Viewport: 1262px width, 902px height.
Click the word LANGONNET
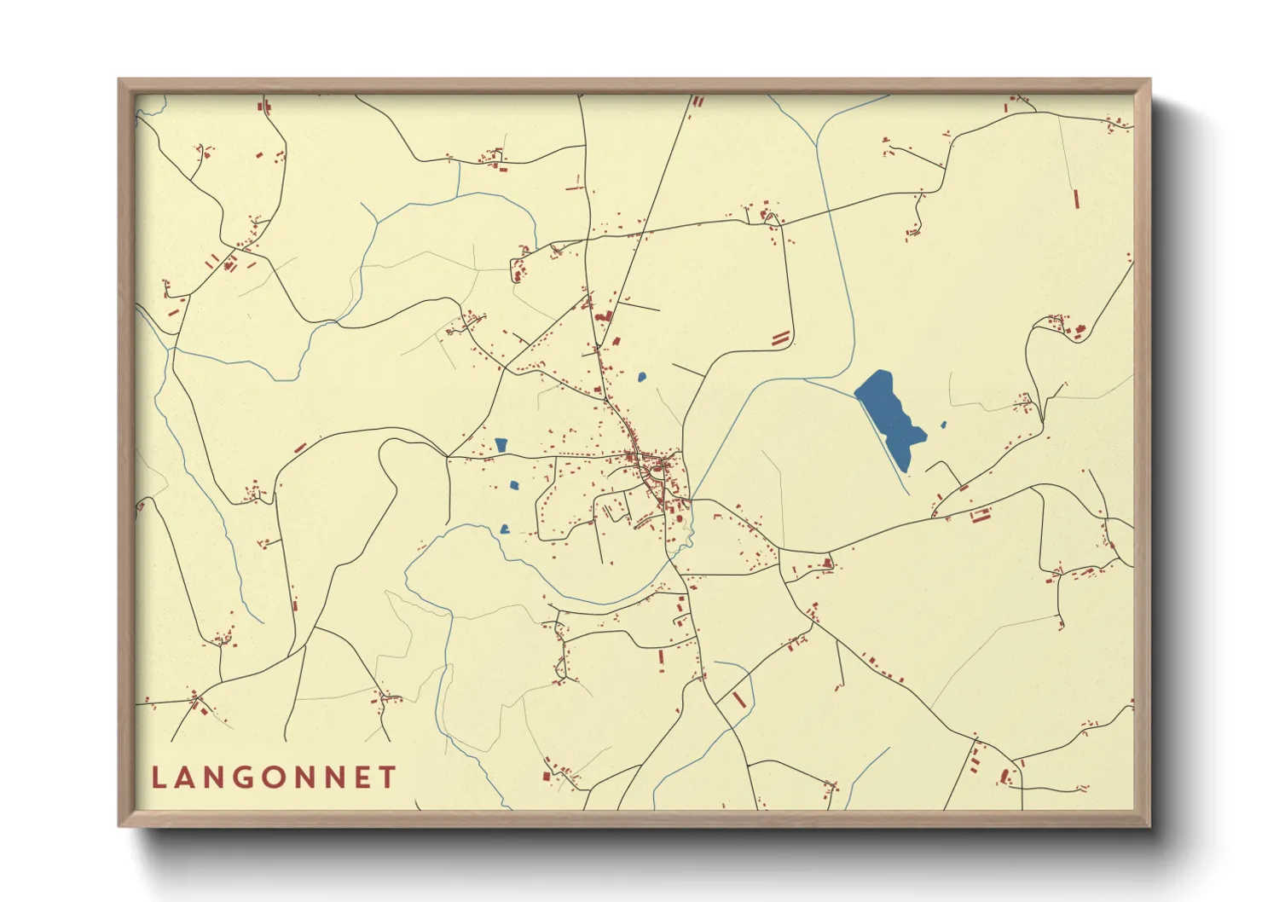coord(274,778)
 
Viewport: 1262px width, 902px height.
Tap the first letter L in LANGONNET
coord(158,778)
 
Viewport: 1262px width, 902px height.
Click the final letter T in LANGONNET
coord(389,778)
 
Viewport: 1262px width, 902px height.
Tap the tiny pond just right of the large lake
coord(943,425)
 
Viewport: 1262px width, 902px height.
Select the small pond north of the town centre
coord(641,376)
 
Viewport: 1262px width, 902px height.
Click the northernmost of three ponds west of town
coord(501,444)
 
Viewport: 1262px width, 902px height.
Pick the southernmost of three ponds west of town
coord(505,529)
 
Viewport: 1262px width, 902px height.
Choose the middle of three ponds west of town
coord(513,485)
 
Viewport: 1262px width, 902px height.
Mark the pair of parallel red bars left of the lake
coord(780,338)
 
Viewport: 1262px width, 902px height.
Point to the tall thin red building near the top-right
coord(1077,199)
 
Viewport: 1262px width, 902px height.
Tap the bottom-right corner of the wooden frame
coord(1149,824)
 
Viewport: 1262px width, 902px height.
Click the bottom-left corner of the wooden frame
coord(120,824)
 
